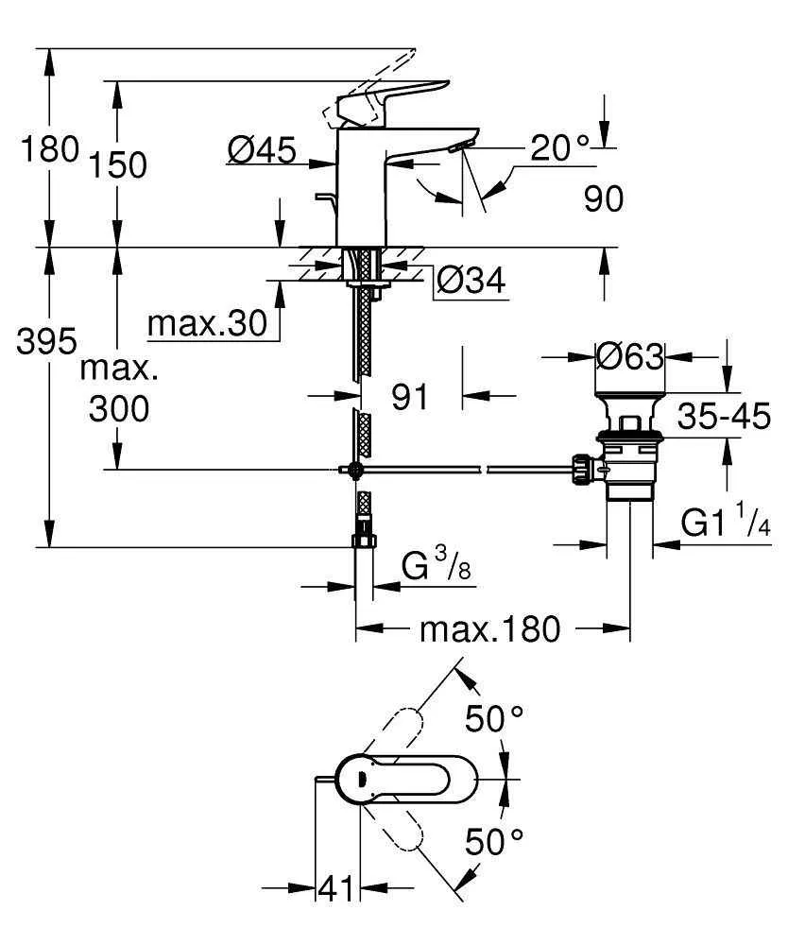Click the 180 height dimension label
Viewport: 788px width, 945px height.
(x=47, y=148)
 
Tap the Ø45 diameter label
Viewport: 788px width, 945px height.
(x=262, y=148)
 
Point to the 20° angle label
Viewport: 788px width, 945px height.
(x=558, y=146)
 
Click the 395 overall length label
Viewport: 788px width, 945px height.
(x=46, y=341)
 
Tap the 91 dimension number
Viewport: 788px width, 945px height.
(x=410, y=397)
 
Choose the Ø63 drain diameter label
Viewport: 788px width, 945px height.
(x=630, y=356)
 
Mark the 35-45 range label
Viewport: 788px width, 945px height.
(x=725, y=415)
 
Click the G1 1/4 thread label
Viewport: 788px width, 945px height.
(x=725, y=524)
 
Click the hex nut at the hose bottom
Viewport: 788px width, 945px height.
(x=364, y=541)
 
